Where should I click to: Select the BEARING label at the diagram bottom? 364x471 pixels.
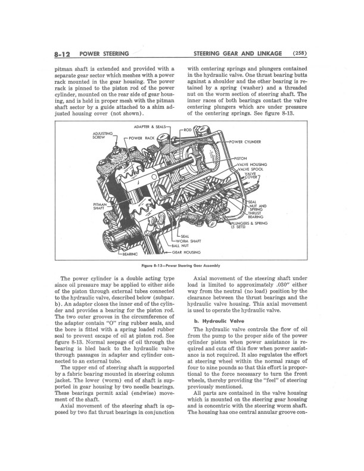[x=130, y=255]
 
